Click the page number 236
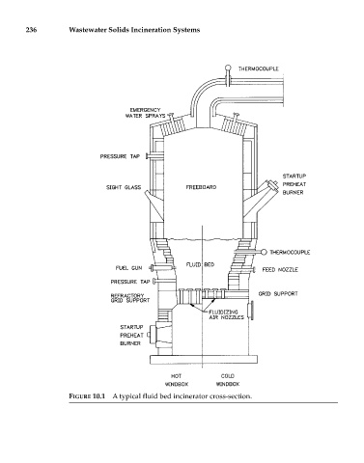pos(31,30)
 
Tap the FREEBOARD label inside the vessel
pos(201,187)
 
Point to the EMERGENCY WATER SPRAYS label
pos(146,113)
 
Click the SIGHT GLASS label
pos(124,187)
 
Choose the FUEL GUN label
pos(128,268)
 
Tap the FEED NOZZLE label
pos(280,269)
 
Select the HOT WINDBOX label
pos(177,380)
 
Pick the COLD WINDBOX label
pos(228,380)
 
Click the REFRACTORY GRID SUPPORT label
pos(130,298)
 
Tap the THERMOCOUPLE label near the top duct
pos(259,68)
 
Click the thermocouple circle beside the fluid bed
pos(264,252)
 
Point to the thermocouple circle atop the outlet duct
pos(228,68)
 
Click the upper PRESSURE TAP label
pos(120,156)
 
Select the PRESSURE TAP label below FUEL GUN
pos(130,282)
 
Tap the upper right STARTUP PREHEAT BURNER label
pos(294,184)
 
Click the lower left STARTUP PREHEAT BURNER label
pos(131,336)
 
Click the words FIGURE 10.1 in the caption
pos(87,396)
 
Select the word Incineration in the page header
pos(154,30)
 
